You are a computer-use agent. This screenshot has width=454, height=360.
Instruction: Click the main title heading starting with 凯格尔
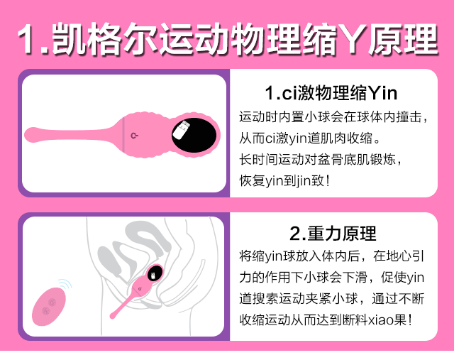(228, 39)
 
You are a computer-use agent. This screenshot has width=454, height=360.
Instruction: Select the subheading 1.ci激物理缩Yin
(331, 93)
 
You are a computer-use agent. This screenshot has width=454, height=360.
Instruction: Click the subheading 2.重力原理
(333, 234)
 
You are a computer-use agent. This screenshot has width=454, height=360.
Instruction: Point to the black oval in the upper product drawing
(194, 135)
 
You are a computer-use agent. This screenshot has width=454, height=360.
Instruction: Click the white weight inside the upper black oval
(181, 130)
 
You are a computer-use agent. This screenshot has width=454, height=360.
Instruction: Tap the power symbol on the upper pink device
(134, 136)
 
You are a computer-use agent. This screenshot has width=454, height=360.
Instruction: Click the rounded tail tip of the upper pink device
(30, 135)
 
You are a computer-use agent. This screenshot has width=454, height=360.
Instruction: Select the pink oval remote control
(49, 306)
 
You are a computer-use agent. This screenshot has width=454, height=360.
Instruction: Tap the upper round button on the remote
(52, 302)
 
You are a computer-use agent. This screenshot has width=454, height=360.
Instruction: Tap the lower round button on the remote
(45, 311)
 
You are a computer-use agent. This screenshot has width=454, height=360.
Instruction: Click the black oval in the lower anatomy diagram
(155, 273)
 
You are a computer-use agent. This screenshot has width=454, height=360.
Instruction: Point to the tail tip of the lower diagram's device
(113, 316)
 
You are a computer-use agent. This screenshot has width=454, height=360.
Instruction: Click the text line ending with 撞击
(333, 117)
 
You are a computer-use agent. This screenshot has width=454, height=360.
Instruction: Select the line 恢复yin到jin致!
(284, 180)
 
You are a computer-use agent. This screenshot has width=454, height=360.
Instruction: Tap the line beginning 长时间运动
(320, 160)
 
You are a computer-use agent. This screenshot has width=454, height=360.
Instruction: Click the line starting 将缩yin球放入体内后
(331, 256)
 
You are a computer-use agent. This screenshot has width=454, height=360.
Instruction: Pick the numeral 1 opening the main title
(27, 39)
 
